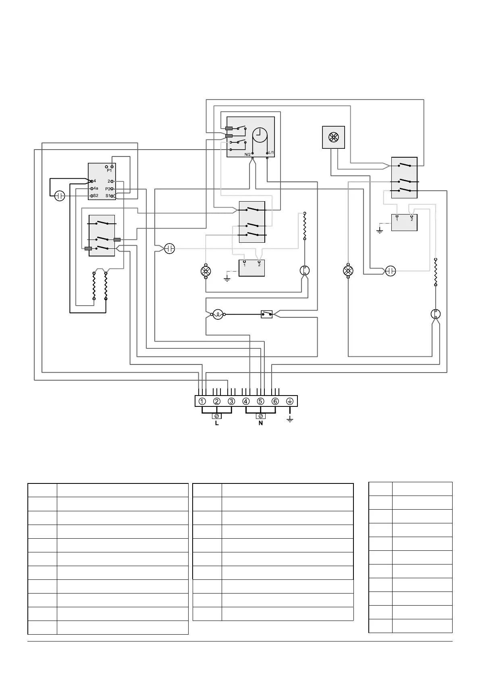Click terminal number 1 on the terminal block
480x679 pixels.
202,401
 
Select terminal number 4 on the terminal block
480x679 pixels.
246,401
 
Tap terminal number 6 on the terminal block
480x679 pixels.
275,401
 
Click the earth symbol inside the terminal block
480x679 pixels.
290,401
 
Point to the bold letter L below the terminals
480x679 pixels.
217,423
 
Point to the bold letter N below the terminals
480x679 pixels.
261,423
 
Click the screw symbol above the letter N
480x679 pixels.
261,416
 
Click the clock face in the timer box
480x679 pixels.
260,135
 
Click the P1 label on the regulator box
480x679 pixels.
109,171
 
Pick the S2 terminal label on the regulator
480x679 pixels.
96,196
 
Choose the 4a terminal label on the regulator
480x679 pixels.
96,188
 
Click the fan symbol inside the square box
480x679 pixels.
333,137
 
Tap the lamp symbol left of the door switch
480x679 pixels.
218,314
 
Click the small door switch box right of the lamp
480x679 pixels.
266,314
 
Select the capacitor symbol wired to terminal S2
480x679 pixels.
60,196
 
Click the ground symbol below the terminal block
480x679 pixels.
290,419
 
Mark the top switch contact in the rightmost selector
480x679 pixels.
404,165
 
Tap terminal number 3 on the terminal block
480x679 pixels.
231,401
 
